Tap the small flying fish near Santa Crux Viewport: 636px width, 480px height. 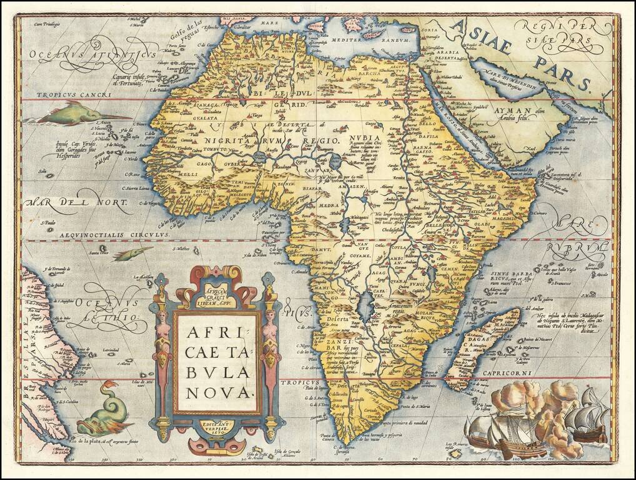(132, 253)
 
